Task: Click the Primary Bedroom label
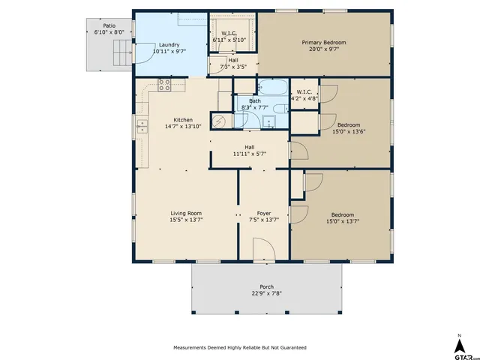coord(324,43)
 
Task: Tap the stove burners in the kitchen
coord(164,85)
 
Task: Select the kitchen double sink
coord(142,127)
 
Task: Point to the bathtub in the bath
coord(272,87)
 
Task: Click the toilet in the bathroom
coord(280,109)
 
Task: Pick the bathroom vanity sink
coord(268,121)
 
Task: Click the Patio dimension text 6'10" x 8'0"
coord(109,32)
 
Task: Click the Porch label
coord(267,286)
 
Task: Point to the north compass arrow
coord(459,346)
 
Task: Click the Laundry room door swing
coord(145,53)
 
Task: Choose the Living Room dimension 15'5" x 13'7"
coord(186,220)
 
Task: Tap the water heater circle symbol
coord(219,121)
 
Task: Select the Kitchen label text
coord(183,120)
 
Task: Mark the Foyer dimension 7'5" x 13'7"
coord(264,220)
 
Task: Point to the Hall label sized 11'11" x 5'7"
coord(250,151)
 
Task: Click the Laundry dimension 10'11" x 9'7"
coord(169,51)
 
